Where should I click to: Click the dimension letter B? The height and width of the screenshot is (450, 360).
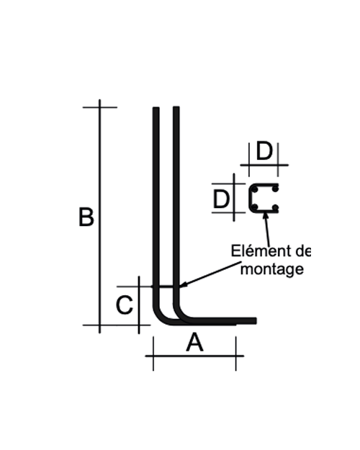click(86, 217)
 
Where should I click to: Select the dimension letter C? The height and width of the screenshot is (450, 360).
click(125, 305)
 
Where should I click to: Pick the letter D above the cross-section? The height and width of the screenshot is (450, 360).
click(264, 151)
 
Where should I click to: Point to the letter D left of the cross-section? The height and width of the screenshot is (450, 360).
click(221, 199)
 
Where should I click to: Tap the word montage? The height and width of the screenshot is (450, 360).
click(271, 269)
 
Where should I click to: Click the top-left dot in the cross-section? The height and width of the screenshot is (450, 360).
click(255, 189)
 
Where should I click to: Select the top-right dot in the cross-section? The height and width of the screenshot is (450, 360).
click(275, 189)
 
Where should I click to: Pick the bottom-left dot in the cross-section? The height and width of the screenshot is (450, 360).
click(255, 207)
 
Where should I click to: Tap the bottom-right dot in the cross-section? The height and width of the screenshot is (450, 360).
click(275, 207)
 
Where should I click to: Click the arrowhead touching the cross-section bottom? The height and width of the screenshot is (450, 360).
click(266, 216)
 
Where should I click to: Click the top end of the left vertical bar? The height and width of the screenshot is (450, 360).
click(156, 108)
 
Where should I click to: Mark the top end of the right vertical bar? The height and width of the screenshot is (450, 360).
click(176, 107)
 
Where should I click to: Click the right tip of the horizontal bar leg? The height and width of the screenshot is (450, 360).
click(256, 321)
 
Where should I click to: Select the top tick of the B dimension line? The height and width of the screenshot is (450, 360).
click(100, 107)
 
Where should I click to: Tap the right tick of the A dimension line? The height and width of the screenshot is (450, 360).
click(236, 354)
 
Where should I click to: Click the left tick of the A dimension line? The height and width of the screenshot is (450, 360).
click(153, 354)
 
